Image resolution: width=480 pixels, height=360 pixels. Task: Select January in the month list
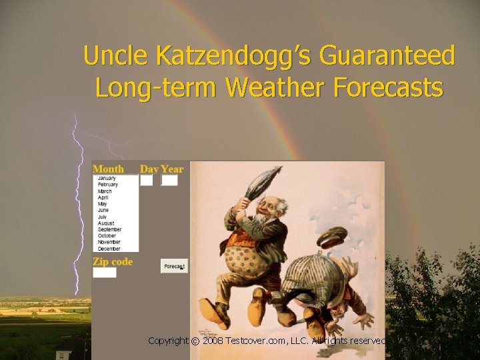[x=107, y=178]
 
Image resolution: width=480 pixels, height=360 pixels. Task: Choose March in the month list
[x=105, y=191]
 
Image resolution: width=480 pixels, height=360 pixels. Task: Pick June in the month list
[x=103, y=210]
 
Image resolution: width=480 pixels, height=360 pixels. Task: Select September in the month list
[x=109, y=229]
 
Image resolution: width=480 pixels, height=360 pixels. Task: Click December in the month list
[x=109, y=249]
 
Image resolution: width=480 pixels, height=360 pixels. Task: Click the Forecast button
[x=174, y=266]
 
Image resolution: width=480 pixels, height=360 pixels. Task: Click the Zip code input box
[x=105, y=273]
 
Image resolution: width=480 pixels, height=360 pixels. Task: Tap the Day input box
[x=146, y=180]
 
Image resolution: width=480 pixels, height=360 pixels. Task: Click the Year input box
[x=170, y=180]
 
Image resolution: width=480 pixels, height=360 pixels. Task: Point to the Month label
[x=108, y=169]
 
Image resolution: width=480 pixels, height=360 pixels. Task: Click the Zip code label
[x=113, y=261]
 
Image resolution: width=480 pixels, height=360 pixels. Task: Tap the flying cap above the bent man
[x=332, y=237]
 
